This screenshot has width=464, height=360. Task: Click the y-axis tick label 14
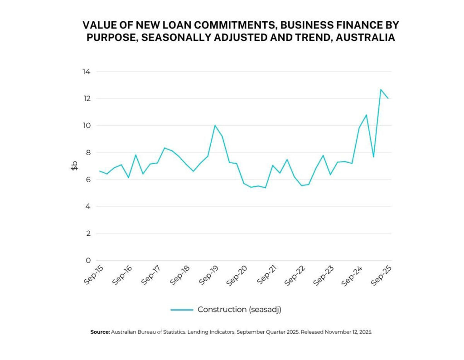[x=86, y=72]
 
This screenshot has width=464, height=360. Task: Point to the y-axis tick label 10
[x=86, y=126]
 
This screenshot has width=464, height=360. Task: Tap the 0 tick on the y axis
[x=88, y=260]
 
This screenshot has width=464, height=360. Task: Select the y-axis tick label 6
[x=88, y=180]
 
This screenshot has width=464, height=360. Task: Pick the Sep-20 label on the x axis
[x=237, y=275]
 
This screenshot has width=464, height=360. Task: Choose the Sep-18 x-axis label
[x=180, y=275]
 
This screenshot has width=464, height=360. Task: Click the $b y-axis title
[x=74, y=166]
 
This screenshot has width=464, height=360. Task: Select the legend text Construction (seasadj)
[x=239, y=310]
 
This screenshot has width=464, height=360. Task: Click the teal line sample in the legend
[x=182, y=310]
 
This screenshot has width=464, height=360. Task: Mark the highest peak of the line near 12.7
[x=381, y=89]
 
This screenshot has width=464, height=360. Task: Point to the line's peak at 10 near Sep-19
[x=215, y=125]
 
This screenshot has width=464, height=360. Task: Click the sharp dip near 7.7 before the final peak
[x=373, y=157]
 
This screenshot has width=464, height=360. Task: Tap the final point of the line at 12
[x=388, y=98]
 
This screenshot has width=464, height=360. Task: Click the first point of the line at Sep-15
[x=100, y=171]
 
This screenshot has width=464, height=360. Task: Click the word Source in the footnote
[x=100, y=332]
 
